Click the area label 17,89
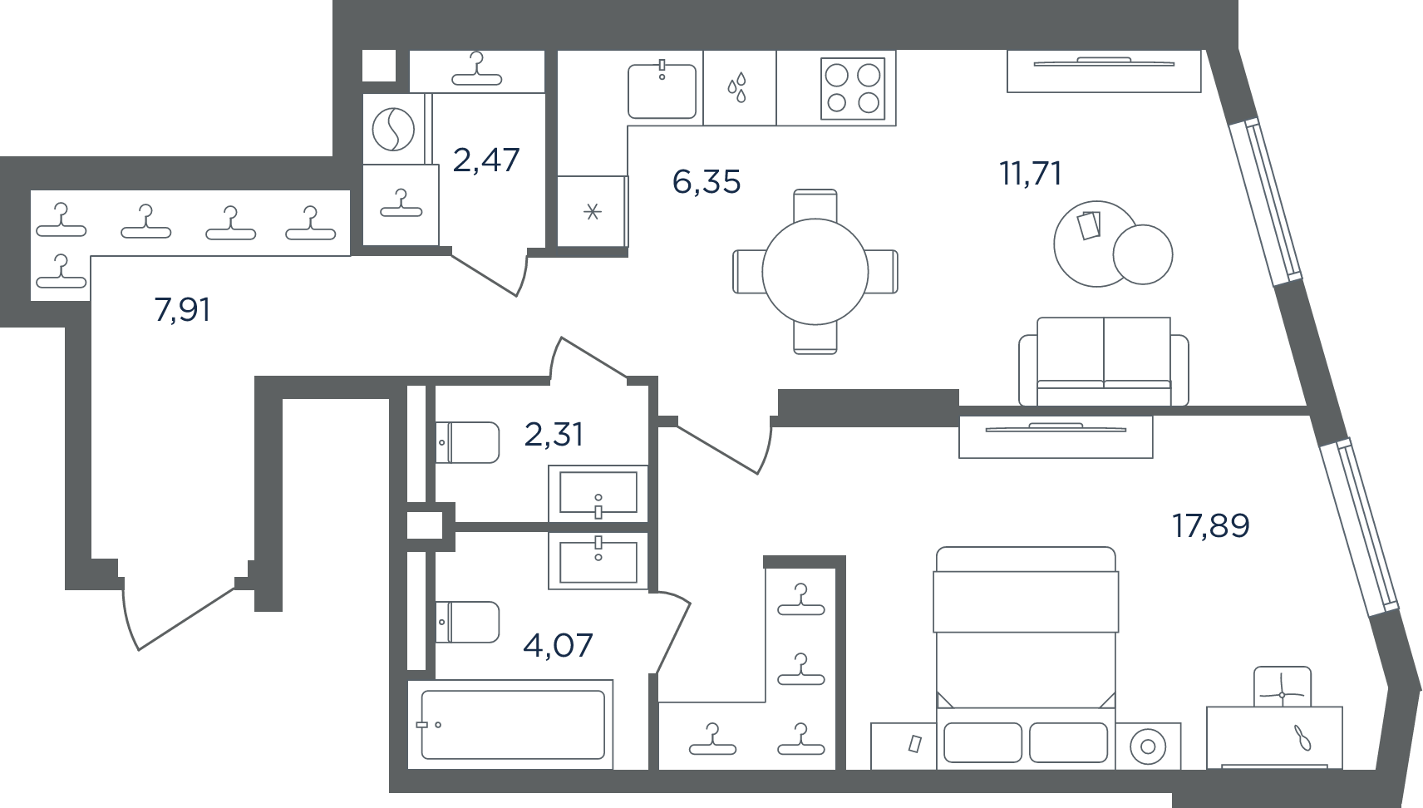1211,526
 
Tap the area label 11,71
1031,174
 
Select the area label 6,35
707,182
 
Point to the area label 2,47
486,160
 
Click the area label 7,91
182,310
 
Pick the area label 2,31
554,435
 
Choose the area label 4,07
558,645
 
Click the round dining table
815,272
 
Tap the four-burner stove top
853,89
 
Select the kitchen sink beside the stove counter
662,91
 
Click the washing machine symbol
393,130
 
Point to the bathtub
513,725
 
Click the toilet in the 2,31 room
468,443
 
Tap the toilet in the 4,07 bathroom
468,622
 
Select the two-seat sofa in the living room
1104,362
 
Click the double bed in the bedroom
1026,658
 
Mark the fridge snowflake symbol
593,211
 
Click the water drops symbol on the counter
737,87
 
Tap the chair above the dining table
815,205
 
